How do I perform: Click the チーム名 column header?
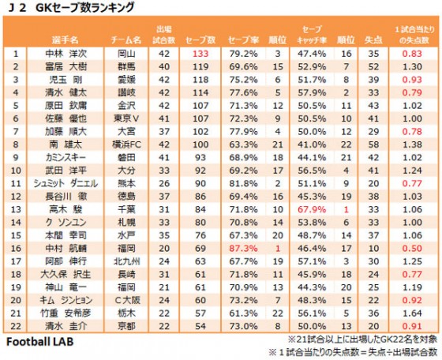(x=125, y=38)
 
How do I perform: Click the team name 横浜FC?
(x=125, y=144)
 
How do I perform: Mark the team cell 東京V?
(x=125, y=118)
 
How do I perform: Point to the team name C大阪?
(x=125, y=299)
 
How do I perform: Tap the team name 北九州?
(x=125, y=261)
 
